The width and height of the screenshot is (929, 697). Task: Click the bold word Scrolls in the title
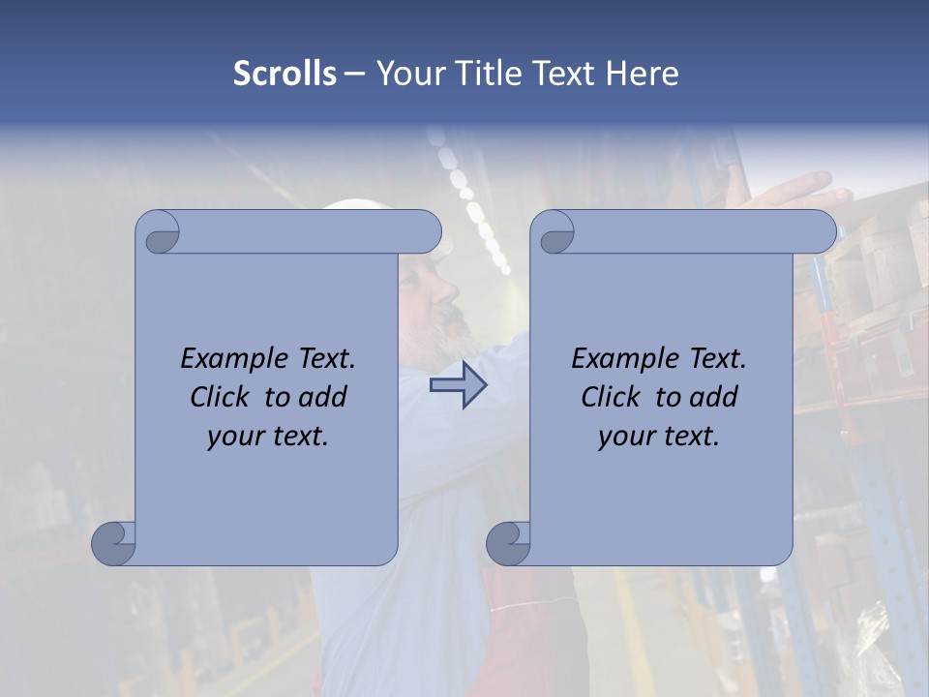pos(285,74)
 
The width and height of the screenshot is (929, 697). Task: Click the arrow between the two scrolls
pos(458,384)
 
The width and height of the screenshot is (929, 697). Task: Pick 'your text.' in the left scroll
pos(268,436)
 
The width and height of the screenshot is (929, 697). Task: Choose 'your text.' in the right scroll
pos(659,436)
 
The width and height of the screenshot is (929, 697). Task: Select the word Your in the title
pos(401,74)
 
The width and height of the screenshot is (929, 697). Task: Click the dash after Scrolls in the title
pos(355,74)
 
